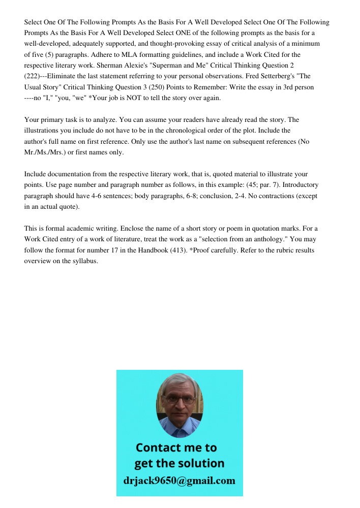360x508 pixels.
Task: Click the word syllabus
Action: [85, 261]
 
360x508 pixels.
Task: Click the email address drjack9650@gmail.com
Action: [179, 480]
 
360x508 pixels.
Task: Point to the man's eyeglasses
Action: [179, 399]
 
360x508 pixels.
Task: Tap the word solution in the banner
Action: [200, 463]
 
